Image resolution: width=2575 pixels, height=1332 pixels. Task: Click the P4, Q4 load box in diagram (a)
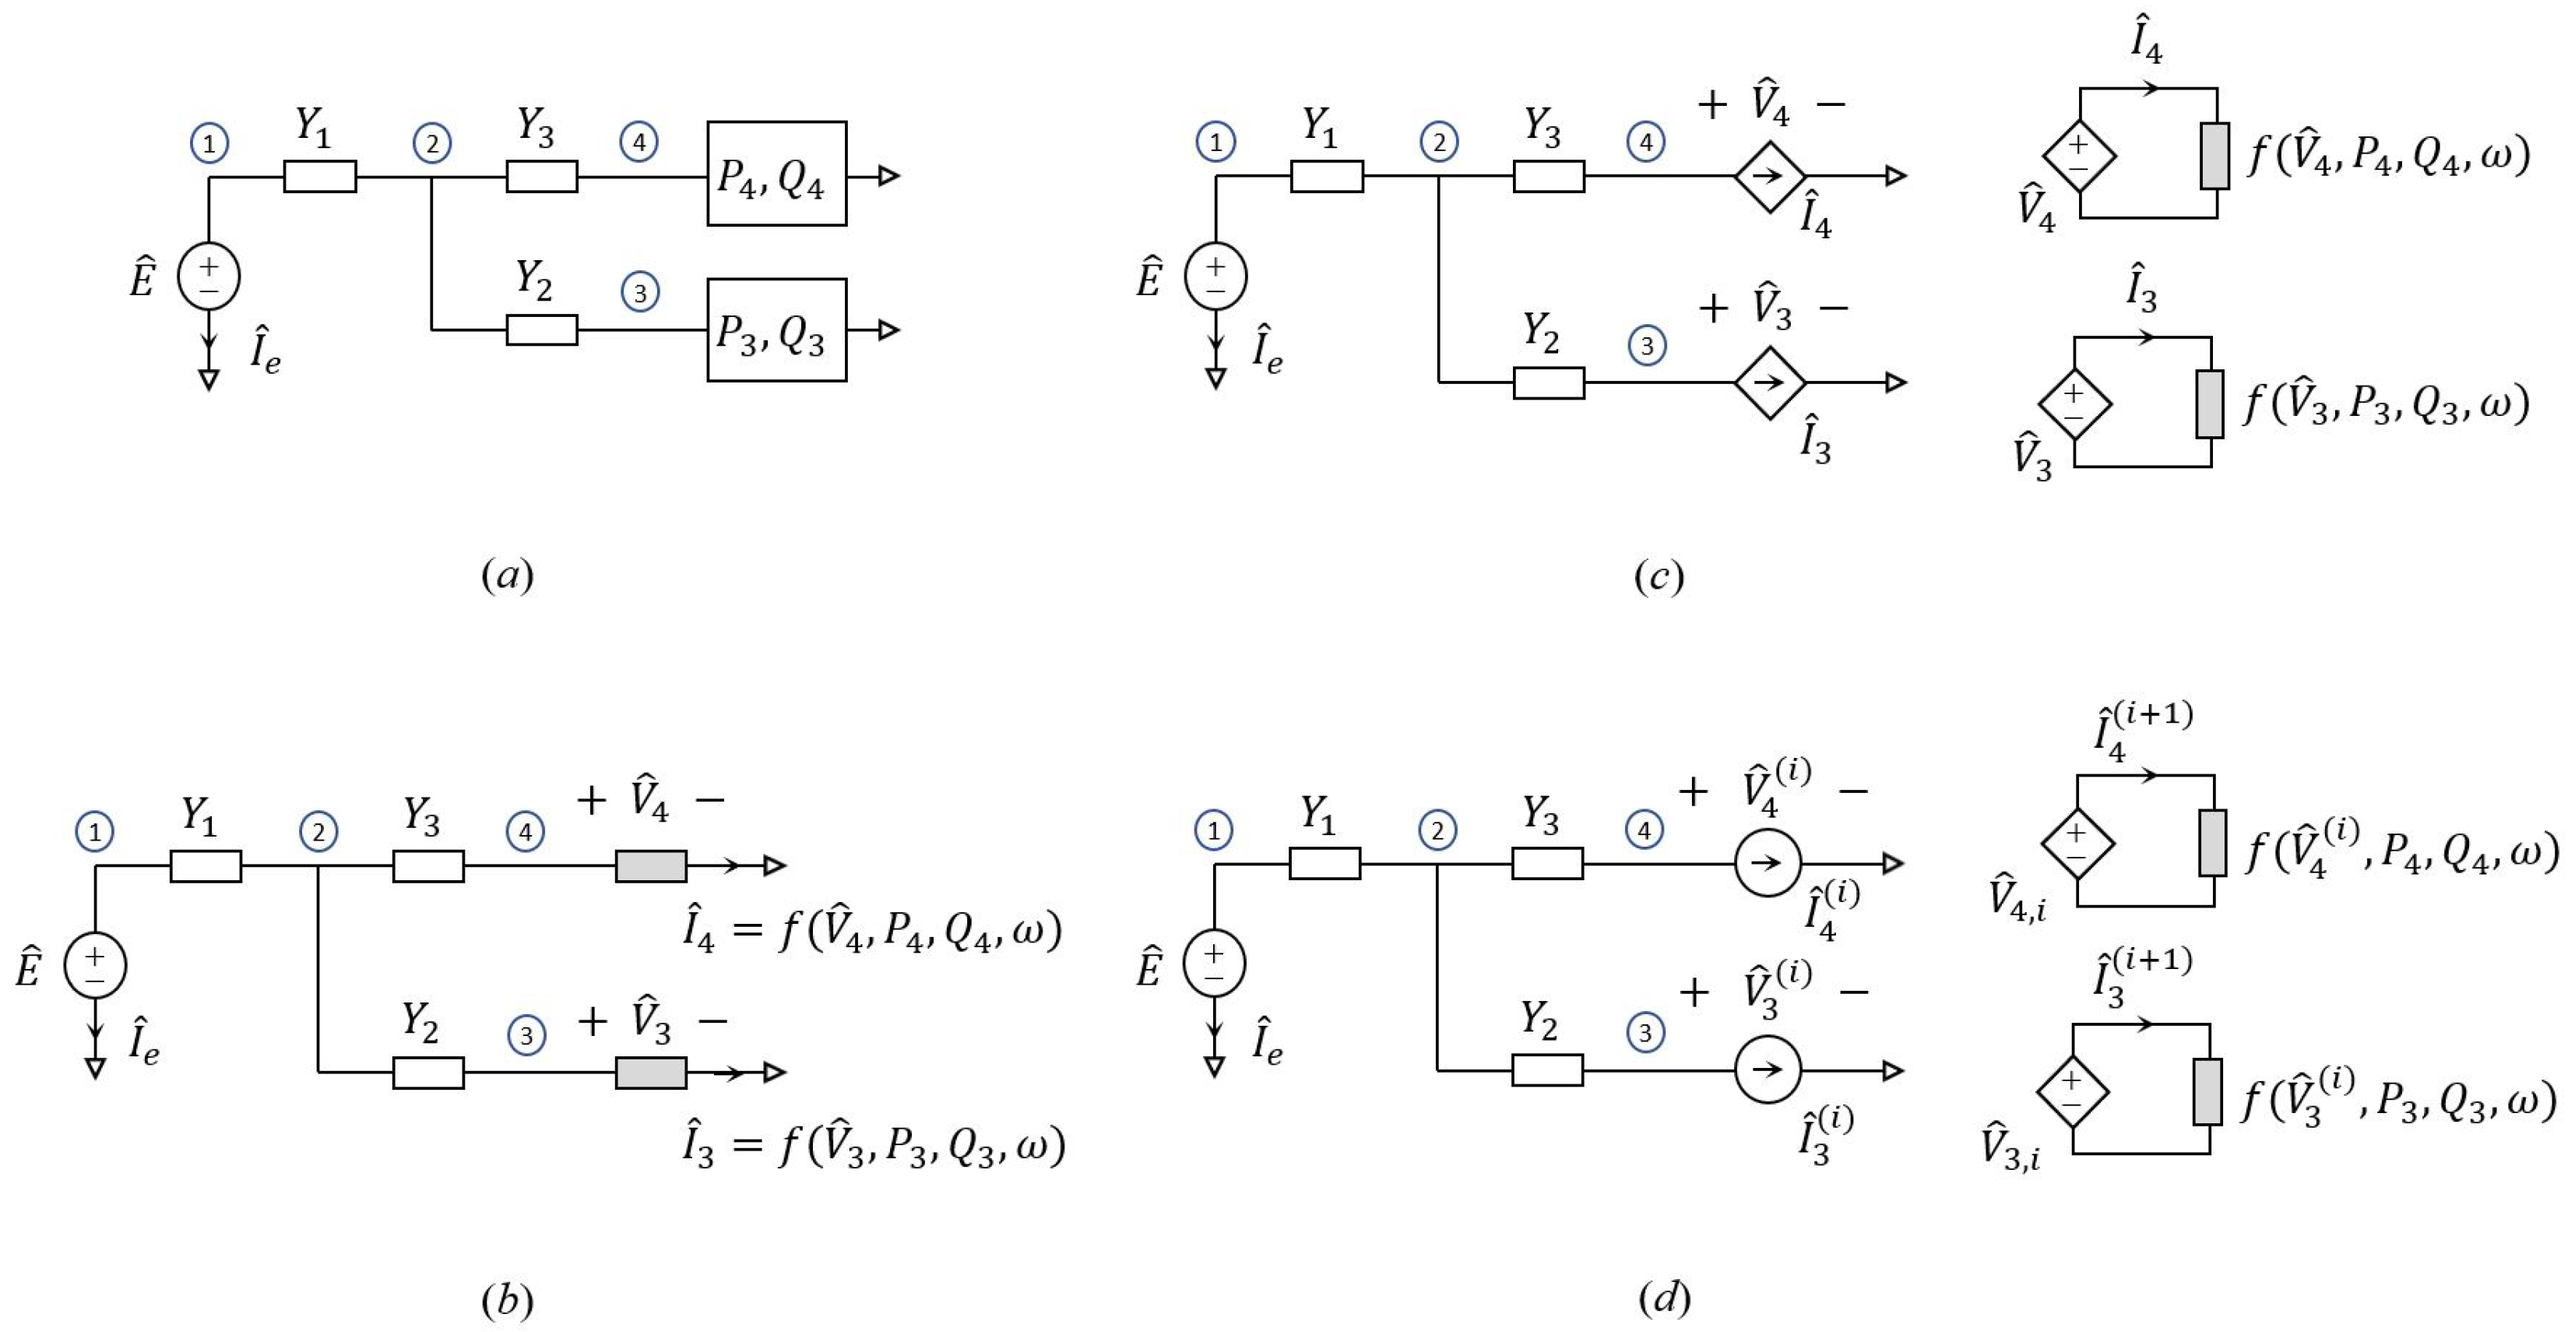tap(776, 174)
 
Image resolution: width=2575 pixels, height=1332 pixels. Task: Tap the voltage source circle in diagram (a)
tap(208, 276)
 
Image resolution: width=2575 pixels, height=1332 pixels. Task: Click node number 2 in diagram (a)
tap(432, 144)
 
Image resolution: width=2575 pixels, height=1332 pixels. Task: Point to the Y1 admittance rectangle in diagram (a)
tap(320, 176)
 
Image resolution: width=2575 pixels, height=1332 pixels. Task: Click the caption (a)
tap(507, 575)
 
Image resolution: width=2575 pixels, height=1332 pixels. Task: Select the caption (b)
tap(507, 1300)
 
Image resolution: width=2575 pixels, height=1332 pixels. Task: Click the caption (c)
tap(1659, 575)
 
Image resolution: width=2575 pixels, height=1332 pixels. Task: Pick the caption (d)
tap(1664, 1298)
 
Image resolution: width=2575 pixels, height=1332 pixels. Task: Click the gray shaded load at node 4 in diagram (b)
tap(651, 866)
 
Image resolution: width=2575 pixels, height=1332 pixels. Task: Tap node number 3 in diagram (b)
tap(527, 1035)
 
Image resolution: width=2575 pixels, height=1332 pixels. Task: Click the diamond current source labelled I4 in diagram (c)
tap(1769, 176)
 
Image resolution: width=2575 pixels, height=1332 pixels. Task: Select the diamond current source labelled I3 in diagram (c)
tap(1769, 382)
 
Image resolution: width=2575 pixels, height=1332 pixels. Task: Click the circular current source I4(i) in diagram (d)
tap(1768, 863)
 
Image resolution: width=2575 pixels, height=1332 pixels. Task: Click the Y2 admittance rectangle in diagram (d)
tap(1547, 1070)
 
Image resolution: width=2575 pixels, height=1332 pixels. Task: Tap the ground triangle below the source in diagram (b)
tap(95, 1069)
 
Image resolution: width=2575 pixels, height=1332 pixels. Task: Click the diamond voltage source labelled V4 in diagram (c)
tap(2079, 155)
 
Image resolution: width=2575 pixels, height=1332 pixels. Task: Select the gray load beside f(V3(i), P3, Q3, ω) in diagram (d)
tap(2207, 1091)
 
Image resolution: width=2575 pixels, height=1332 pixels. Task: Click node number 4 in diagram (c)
tap(1646, 142)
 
